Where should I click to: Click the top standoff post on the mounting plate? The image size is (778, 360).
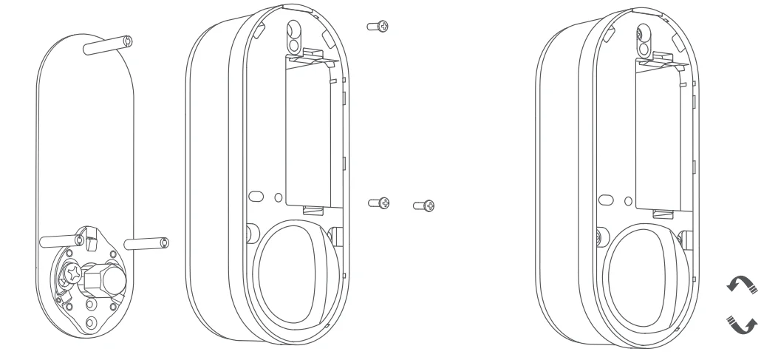point(108,46)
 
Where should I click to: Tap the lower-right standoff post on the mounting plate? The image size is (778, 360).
point(147,242)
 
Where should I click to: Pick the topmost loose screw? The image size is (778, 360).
point(378,27)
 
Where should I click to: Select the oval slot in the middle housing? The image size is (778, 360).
point(255,198)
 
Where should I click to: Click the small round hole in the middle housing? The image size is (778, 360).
point(278,199)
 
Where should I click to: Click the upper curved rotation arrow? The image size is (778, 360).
point(743,282)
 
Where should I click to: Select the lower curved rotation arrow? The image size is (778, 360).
point(743,323)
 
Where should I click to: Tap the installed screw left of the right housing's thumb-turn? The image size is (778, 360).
point(597,236)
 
